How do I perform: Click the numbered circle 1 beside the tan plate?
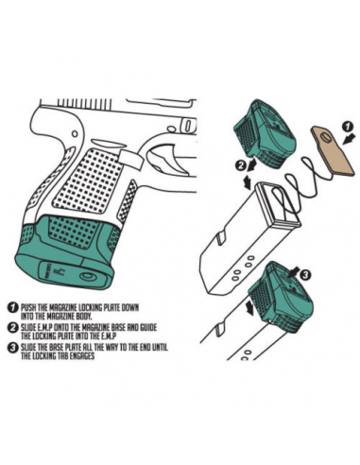[347, 125]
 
